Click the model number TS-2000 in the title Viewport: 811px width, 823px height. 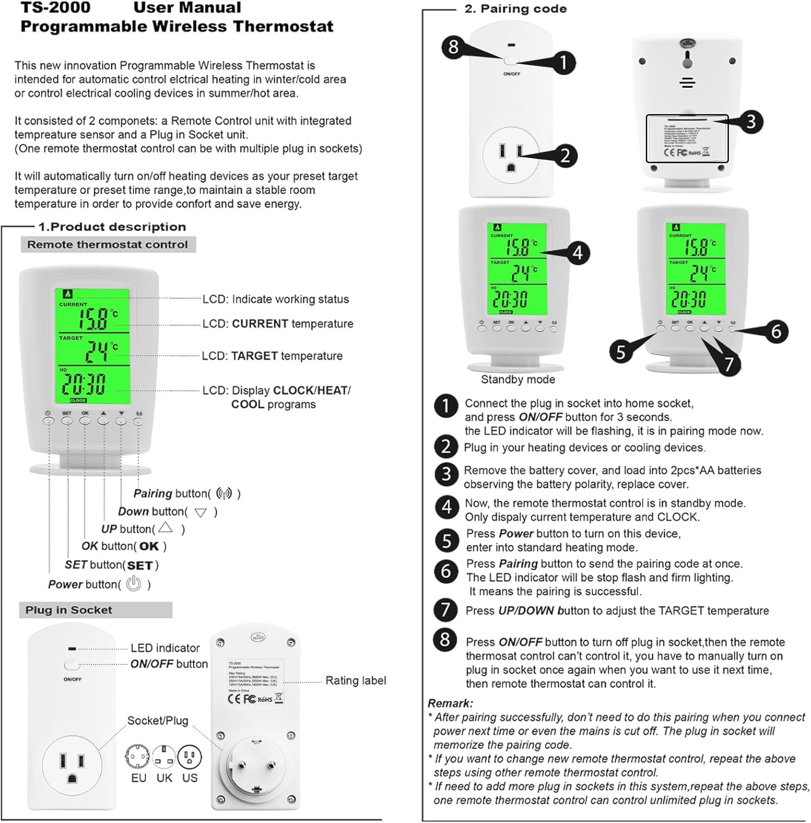(x=55, y=8)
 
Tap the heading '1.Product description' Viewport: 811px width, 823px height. (x=112, y=227)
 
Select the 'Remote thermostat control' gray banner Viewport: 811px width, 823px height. (x=107, y=245)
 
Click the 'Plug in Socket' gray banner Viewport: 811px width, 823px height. (x=69, y=610)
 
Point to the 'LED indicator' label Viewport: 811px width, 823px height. (x=165, y=648)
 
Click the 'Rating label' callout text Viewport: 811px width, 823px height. (x=355, y=680)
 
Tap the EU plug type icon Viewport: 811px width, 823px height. (x=137, y=758)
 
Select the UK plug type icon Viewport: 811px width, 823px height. (x=164, y=758)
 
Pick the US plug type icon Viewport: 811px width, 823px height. (x=190, y=758)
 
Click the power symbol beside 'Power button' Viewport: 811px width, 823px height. (x=133, y=584)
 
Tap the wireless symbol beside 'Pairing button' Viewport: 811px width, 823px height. (x=224, y=493)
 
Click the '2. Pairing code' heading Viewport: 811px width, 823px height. (x=515, y=9)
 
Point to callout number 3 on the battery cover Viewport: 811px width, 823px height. (x=750, y=121)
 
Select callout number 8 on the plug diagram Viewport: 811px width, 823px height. (x=453, y=47)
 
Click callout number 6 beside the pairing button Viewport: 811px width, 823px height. (x=775, y=331)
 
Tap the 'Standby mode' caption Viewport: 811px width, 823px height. (x=518, y=379)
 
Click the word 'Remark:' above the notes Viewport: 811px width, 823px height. (x=450, y=703)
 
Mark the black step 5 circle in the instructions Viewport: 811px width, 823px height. (x=446, y=540)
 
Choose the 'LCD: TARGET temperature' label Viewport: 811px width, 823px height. (x=272, y=356)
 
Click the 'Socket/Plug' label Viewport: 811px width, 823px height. (x=157, y=720)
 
